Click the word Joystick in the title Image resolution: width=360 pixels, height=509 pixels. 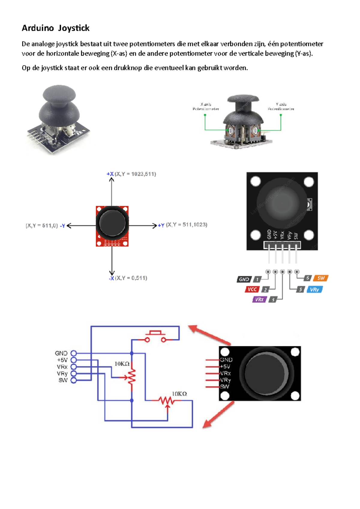tap(74, 28)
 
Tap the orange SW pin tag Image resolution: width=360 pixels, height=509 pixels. tap(321, 278)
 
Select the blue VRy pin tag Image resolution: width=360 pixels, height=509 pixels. tap(314, 290)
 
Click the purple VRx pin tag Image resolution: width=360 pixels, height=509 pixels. tap(259, 299)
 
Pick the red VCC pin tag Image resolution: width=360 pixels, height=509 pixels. tap(252, 289)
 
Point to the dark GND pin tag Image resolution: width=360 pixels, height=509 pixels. tap(244, 279)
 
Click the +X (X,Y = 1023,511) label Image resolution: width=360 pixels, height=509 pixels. tap(131, 174)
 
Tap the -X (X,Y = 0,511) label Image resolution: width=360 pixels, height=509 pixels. tap(128, 278)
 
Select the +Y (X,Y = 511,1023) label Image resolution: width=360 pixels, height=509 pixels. tap(183, 225)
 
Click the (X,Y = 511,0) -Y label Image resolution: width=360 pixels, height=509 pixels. tap(45, 226)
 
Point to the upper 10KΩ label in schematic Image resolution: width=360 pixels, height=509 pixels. tap(122, 364)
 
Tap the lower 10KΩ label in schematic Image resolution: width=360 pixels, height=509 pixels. tap(179, 394)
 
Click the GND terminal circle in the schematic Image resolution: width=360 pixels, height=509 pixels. tap(73, 353)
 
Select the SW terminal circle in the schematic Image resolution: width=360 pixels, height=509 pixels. tap(73, 380)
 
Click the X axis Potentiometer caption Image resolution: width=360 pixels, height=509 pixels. tap(206, 106)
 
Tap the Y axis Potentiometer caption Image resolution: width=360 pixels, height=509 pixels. tap(281, 106)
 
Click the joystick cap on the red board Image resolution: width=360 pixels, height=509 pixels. tap(112, 223)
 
